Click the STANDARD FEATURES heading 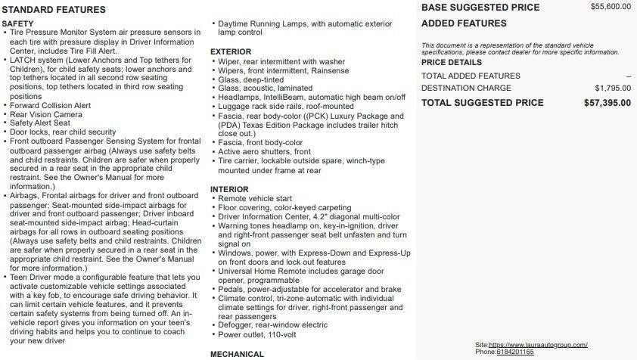pyautogui.click(x=54, y=10)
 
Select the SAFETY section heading pyautogui.click(x=17, y=24)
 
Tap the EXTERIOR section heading pyautogui.click(x=231, y=52)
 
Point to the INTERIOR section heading pyautogui.click(x=229, y=189)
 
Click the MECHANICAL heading pyautogui.click(x=237, y=354)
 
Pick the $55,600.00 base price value pyautogui.click(x=611, y=7)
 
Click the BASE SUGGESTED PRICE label pyautogui.click(x=480, y=8)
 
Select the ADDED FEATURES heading pyautogui.click(x=464, y=23)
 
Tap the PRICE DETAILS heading pyautogui.click(x=451, y=63)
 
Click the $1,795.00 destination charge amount pyautogui.click(x=613, y=88)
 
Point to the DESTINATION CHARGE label pyautogui.click(x=466, y=88)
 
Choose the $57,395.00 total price pyautogui.click(x=607, y=103)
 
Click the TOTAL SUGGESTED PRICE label pyautogui.click(x=482, y=103)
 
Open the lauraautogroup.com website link pyautogui.click(x=538, y=345)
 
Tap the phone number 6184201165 pyautogui.click(x=515, y=352)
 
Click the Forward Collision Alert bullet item pyautogui.click(x=51, y=105)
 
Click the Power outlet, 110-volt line pyautogui.click(x=258, y=334)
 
